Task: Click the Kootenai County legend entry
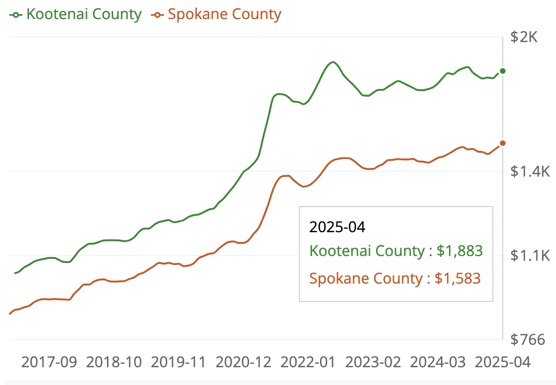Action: pyautogui.click(x=76, y=14)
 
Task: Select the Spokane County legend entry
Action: pyautogui.click(x=216, y=14)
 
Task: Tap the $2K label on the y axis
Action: pyautogui.click(x=524, y=37)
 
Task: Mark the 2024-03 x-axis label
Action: pyautogui.click(x=438, y=362)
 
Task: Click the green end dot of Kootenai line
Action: pyautogui.click(x=503, y=71)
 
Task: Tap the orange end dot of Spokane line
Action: pyautogui.click(x=503, y=143)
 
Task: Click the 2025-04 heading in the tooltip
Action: pyautogui.click(x=337, y=227)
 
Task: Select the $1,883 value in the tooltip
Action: pyautogui.click(x=459, y=251)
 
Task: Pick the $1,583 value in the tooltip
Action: pyautogui.click(x=457, y=278)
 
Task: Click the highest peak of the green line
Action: pyautogui.click(x=332, y=62)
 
